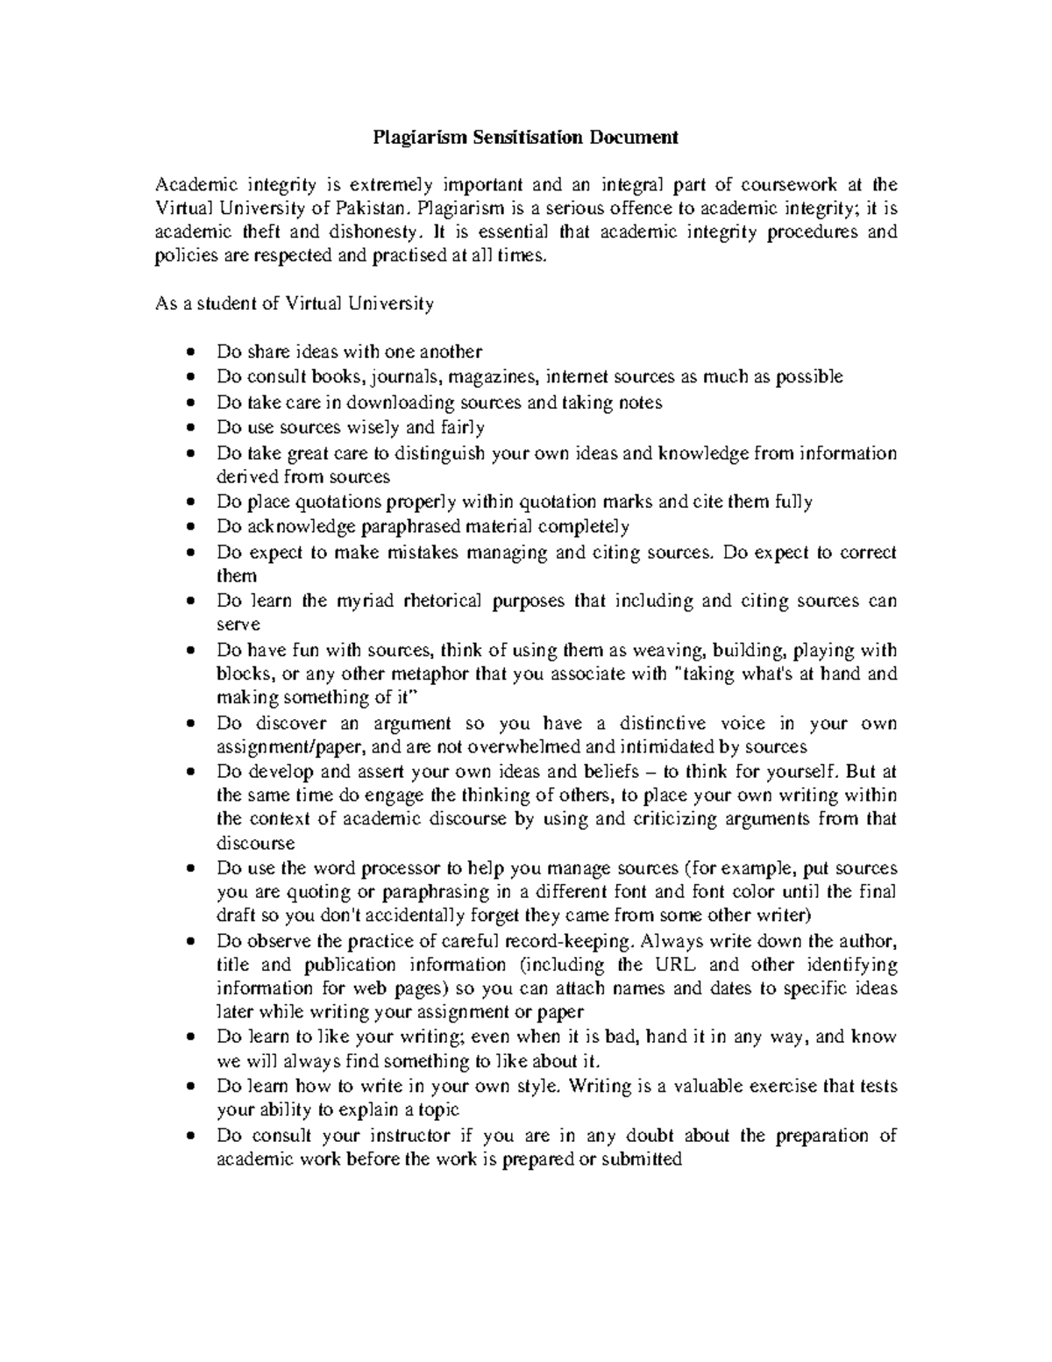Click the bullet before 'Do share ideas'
tap(192, 353)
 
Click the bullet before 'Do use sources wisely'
tap(192, 428)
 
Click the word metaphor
tap(435, 674)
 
